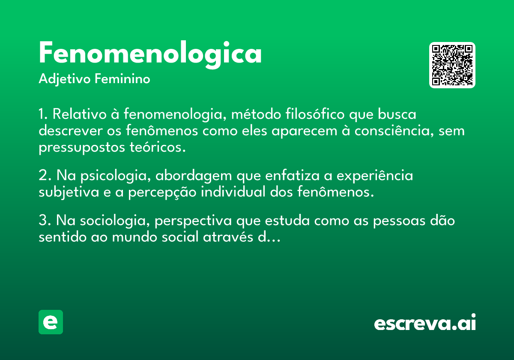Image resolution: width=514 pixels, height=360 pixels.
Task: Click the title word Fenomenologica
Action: point(150,54)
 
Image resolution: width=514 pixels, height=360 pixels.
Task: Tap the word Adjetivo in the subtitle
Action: point(65,79)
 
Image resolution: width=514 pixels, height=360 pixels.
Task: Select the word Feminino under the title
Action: point(123,78)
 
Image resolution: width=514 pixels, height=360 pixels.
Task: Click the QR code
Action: point(452,65)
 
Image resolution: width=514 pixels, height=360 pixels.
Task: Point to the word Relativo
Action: point(79,114)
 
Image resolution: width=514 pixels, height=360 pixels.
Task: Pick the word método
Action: point(256,114)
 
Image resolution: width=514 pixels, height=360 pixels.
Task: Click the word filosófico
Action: point(315,114)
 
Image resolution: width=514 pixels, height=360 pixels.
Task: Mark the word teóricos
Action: point(158,147)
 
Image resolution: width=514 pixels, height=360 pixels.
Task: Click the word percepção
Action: point(162,192)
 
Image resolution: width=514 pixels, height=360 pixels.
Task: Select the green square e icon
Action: point(51,322)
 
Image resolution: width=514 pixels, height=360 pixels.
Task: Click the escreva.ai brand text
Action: point(425,322)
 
